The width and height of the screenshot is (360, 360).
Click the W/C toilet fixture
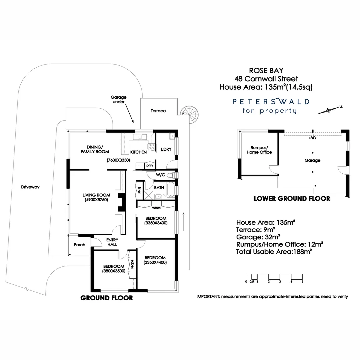(170, 175)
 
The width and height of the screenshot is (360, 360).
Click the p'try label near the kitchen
(149, 166)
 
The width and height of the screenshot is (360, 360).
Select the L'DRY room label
(166, 149)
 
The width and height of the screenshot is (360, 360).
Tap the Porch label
(79, 245)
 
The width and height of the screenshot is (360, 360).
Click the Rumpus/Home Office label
(259, 150)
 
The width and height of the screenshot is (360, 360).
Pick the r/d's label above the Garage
(313, 137)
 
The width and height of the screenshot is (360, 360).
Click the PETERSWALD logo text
(271, 101)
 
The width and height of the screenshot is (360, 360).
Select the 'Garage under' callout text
(119, 100)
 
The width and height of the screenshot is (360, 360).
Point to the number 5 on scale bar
(302, 282)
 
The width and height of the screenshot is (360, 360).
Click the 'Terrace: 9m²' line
(256, 230)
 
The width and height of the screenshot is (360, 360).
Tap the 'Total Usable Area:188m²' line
(274, 252)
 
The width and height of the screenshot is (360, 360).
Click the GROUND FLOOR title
(107, 298)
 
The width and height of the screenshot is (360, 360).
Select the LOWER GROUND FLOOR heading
(292, 199)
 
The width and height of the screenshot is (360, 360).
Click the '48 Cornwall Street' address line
(266, 79)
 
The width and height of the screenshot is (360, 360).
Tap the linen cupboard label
(139, 190)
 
